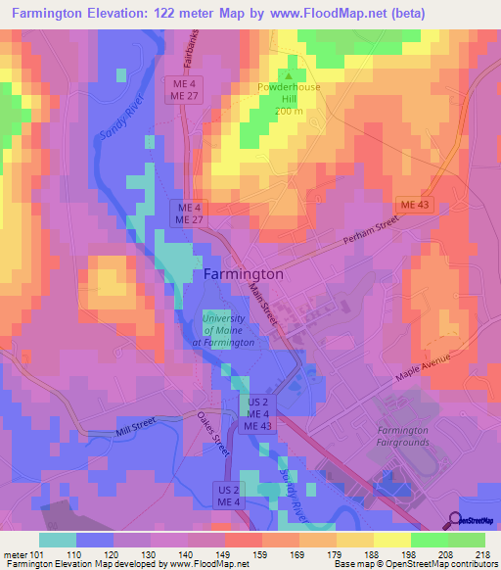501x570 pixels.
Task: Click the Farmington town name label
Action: pos(244,274)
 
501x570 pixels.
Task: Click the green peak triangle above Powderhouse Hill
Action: pos(290,74)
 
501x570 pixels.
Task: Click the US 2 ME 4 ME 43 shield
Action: pos(257,414)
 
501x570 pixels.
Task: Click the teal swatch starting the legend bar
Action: pos(58,540)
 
